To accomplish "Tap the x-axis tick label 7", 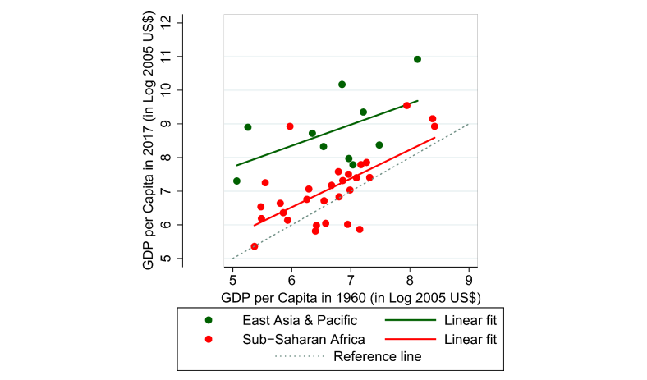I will pos(351,275).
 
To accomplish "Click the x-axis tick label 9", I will pos(469,275).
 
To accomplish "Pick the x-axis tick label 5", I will pos(232,275).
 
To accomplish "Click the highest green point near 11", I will pos(417,59).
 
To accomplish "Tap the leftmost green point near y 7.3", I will pos(236,181).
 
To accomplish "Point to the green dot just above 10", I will pos(342,85).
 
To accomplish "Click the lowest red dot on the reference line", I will pos(255,246).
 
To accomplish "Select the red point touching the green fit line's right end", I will pos(406,105).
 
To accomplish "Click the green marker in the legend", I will pos(209,319).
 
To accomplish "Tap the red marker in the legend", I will pos(209,338).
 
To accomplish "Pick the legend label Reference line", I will pos(378,357).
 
